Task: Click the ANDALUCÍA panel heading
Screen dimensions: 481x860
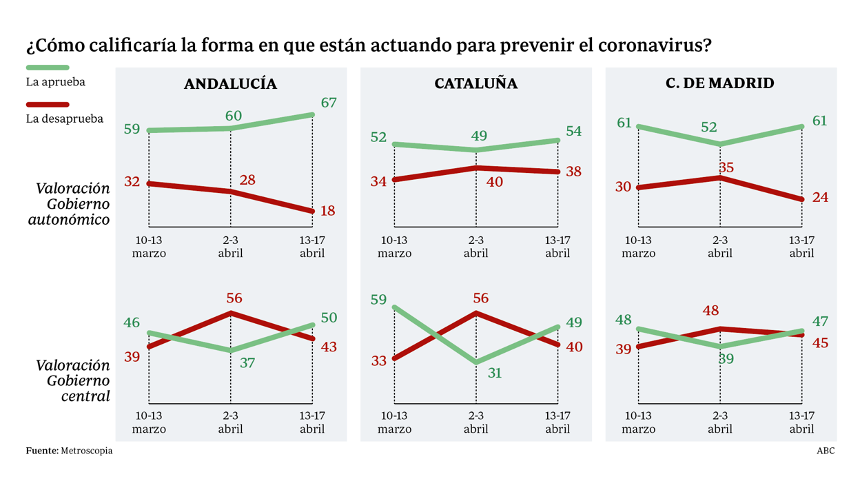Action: pyautogui.click(x=230, y=84)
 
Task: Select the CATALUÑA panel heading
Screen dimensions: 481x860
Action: pyautogui.click(x=475, y=84)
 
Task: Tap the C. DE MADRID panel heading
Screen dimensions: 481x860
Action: pyautogui.click(x=719, y=83)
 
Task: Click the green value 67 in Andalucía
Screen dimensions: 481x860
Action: pyautogui.click(x=328, y=103)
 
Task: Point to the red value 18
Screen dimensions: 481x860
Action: pyautogui.click(x=328, y=211)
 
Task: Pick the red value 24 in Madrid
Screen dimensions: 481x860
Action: pyautogui.click(x=819, y=198)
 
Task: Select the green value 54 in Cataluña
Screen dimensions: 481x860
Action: pyautogui.click(x=573, y=132)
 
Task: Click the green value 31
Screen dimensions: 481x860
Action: pyautogui.click(x=494, y=373)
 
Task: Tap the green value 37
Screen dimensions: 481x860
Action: pyautogui.click(x=247, y=362)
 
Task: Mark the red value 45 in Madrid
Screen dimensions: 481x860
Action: pyautogui.click(x=819, y=343)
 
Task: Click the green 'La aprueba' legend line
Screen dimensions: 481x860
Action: pyautogui.click(x=48, y=68)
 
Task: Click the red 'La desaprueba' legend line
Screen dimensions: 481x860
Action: pyautogui.click(x=48, y=105)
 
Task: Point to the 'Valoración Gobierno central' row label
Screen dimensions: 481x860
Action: pyautogui.click(x=73, y=380)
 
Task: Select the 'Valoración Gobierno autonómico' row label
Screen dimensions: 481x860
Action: pyautogui.click(x=73, y=204)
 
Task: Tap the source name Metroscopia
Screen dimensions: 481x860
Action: pyautogui.click(x=86, y=451)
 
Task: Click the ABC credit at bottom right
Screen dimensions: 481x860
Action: pyautogui.click(x=826, y=451)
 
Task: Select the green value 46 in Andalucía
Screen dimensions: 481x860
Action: pyautogui.click(x=132, y=323)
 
